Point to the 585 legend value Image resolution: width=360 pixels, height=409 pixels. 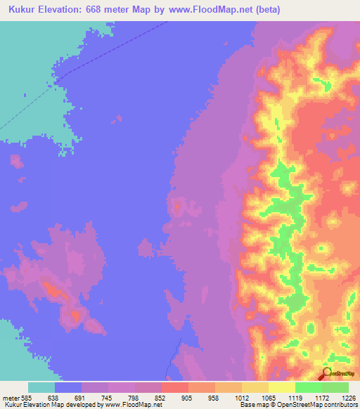click(x=23, y=397)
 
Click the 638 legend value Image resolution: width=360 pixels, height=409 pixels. click(x=53, y=397)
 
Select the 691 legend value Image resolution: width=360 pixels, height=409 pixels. click(x=81, y=397)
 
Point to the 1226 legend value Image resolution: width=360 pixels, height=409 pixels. click(x=349, y=397)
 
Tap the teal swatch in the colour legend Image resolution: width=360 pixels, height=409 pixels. click(x=41, y=387)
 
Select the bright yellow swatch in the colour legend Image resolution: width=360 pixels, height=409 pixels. click(x=281, y=387)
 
